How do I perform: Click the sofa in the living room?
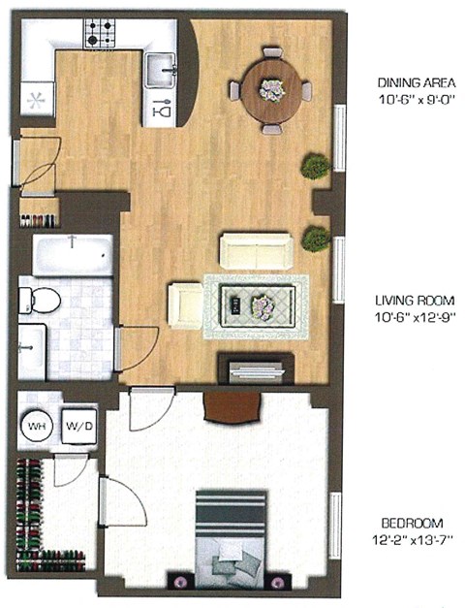[x=255, y=250]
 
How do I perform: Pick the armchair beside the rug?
[x=184, y=304]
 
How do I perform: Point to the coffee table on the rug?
[x=250, y=308]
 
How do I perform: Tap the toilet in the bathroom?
[x=39, y=298]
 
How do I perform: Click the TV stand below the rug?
[x=256, y=369]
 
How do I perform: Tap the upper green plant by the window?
[x=315, y=167]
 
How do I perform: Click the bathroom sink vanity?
[x=31, y=351]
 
